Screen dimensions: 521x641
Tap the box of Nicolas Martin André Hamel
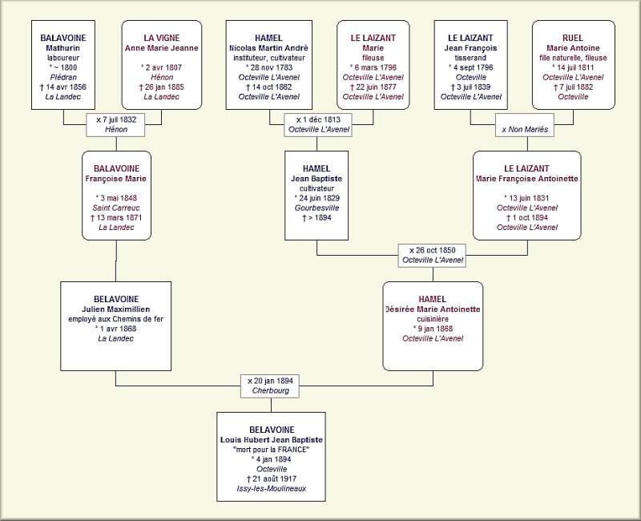tap(268, 66)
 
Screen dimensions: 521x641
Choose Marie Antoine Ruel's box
tap(573, 66)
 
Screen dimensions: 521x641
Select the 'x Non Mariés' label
tap(525, 129)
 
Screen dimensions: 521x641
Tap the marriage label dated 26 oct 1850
tap(433, 255)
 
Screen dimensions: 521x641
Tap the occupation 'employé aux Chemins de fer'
tap(116, 318)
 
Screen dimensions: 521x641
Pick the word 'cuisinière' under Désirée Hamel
tap(433, 318)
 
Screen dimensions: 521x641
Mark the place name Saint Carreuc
tap(116, 208)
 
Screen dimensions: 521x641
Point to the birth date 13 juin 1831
tap(526, 197)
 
